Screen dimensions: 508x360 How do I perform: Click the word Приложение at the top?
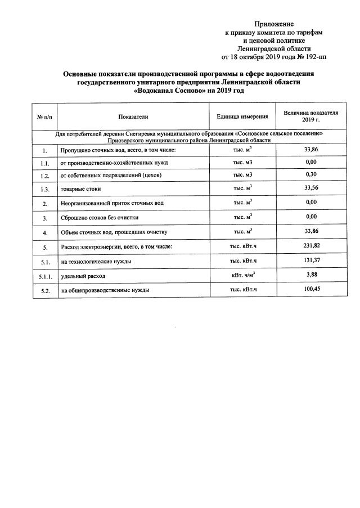point(274,24)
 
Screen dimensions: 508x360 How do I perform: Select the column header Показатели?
point(133,116)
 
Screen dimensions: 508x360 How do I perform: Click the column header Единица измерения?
point(242,116)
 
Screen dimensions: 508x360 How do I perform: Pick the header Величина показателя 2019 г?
point(310,116)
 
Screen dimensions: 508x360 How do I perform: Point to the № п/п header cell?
point(44,116)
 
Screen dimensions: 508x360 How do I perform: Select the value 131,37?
point(310,261)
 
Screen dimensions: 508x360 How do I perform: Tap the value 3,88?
point(310,276)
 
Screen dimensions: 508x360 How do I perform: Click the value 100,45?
point(310,290)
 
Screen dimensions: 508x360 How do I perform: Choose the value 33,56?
point(310,188)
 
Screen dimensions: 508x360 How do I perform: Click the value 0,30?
point(310,174)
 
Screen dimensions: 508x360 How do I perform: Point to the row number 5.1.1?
point(44,277)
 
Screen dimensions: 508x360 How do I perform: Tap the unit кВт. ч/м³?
point(243,276)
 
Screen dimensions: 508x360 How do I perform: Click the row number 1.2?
point(44,176)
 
